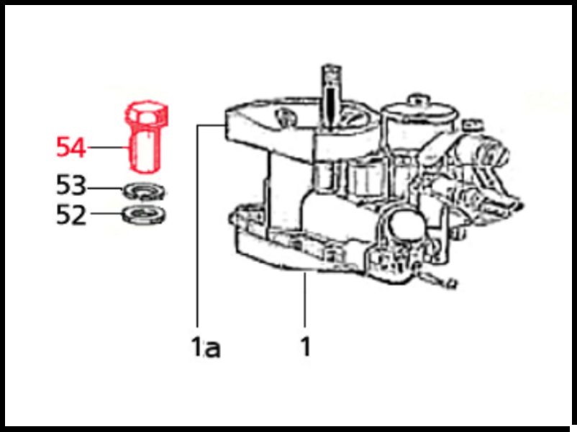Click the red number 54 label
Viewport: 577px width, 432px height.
71,147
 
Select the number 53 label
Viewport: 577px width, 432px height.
71,185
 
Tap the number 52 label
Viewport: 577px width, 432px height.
71,215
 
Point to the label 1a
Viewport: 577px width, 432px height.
206,346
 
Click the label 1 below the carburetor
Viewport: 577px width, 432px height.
306,346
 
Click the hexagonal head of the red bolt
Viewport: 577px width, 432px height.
147,113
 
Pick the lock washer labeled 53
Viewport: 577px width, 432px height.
144,192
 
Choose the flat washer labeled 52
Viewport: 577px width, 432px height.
144,215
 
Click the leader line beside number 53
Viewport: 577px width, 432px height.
105,189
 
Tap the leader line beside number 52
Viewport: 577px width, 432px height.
106,213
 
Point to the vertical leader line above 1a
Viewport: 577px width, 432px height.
198,225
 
